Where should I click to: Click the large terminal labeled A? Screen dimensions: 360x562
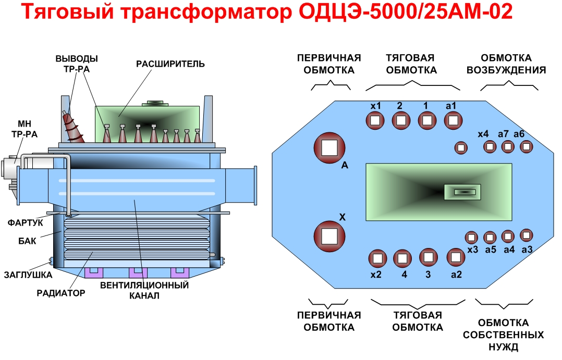tap(329, 147)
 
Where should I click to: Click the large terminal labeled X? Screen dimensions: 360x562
tap(329, 236)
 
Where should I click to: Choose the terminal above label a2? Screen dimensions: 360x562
tap(456, 257)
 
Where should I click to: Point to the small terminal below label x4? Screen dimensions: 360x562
tap(490, 147)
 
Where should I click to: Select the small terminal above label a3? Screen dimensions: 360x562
tap(526, 234)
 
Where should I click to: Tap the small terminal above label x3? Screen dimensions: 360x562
tap(471, 238)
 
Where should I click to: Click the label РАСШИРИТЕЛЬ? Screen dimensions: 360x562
tap(170, 64)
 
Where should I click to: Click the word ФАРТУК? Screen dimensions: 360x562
tap(26, 223)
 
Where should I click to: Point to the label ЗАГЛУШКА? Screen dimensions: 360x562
tap(28, 275)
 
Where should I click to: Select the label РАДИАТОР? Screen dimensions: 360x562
tap(60, 293)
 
